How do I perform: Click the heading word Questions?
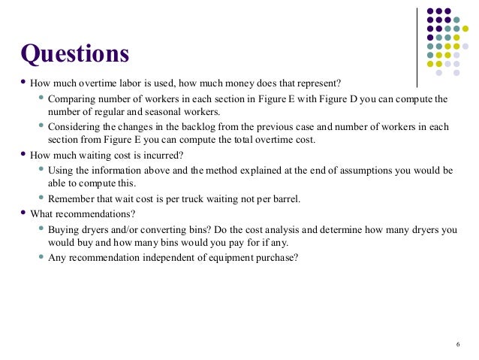75,54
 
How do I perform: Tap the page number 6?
457,344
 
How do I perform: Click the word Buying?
64,229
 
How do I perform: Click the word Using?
62,170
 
